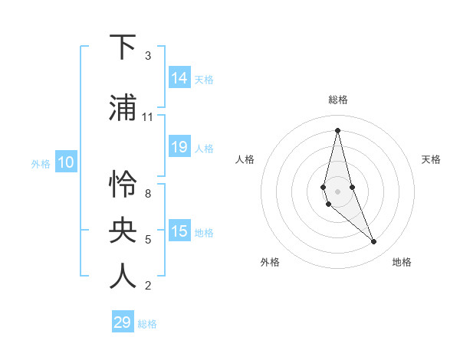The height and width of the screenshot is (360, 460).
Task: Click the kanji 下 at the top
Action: (123, 47)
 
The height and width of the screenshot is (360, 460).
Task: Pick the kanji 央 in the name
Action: (123, 231)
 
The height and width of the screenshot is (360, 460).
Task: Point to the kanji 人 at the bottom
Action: (123, 277)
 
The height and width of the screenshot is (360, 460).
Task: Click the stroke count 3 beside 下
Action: (147, 55)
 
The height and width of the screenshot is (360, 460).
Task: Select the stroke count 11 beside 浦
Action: (148, 117)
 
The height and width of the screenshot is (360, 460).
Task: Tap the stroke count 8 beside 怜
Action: (147, 194)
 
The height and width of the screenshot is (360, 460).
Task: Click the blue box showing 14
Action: (179, 77)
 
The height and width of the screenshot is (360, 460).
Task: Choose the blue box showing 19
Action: (179, 147)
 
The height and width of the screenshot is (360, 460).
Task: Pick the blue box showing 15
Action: (179, 231)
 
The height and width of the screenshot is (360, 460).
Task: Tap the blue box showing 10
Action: (66, 162)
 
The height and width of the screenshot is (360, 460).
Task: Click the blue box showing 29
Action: (123, 322)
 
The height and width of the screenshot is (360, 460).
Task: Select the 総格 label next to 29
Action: (148, 324)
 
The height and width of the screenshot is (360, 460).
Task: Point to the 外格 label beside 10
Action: (41, 163)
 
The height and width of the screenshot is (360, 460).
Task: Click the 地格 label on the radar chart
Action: (402, 262)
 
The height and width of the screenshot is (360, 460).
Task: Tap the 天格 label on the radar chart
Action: (431, 159)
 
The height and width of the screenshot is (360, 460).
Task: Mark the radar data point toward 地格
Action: (374, 242)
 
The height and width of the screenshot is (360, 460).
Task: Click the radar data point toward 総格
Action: (337, 130)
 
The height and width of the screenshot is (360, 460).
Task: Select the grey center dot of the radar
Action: (337, 191)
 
